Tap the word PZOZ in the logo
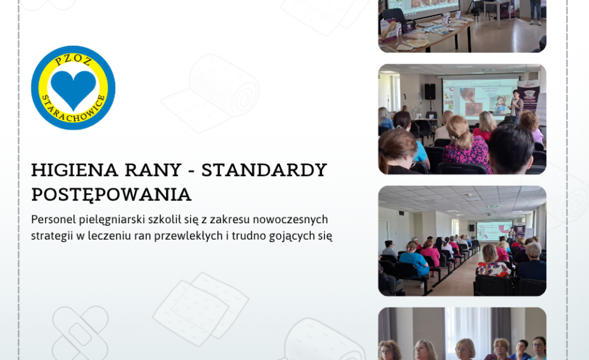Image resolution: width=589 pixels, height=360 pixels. click(73, 60)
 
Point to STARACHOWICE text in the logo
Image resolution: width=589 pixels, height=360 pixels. click(73, 110)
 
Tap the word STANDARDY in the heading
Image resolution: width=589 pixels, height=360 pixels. click(264, 170)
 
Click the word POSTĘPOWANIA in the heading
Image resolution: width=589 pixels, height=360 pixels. click(111, 195)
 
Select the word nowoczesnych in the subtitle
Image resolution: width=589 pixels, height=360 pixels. click(292, 219)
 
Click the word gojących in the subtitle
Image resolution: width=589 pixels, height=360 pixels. click(294, 236)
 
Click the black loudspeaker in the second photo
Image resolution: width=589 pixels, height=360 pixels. click(430, 92)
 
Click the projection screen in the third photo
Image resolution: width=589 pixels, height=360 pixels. click(494, 230)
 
